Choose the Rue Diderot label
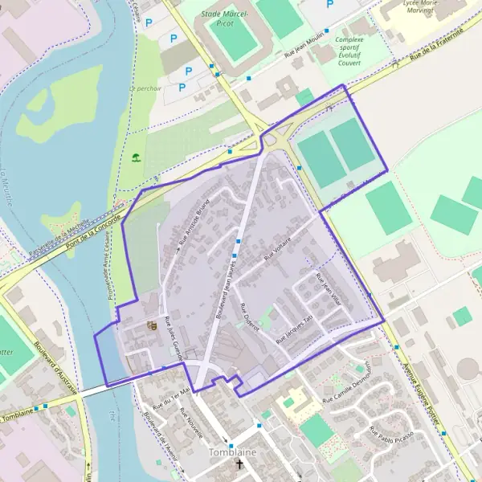(250, 318)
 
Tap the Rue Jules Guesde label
(174, 338)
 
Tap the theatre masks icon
(150, 325)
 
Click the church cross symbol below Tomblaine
(239, 465)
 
